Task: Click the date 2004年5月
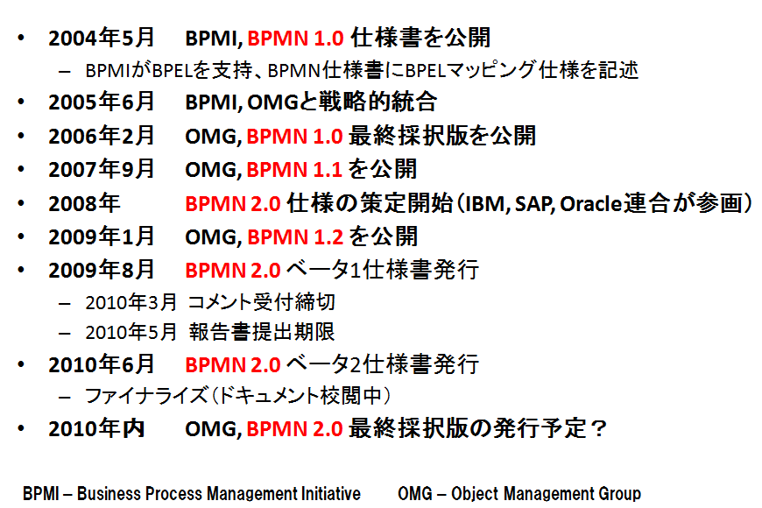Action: (101, 38)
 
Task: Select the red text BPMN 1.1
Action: (294, 170)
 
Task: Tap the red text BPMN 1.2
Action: (295, 236)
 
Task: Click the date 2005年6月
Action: (101, 102)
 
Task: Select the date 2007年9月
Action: (101, 170)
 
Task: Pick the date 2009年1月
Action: (101, 236)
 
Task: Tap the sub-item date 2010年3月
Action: (131, 302)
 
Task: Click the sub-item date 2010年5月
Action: (131, 333)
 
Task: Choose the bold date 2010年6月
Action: (101, 364)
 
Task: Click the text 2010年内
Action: (96, 429)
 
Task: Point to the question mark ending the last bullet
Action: (599, 429)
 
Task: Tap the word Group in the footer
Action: (619, 494)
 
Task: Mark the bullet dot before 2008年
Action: (21, 203)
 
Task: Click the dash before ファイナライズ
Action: (65, 397)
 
